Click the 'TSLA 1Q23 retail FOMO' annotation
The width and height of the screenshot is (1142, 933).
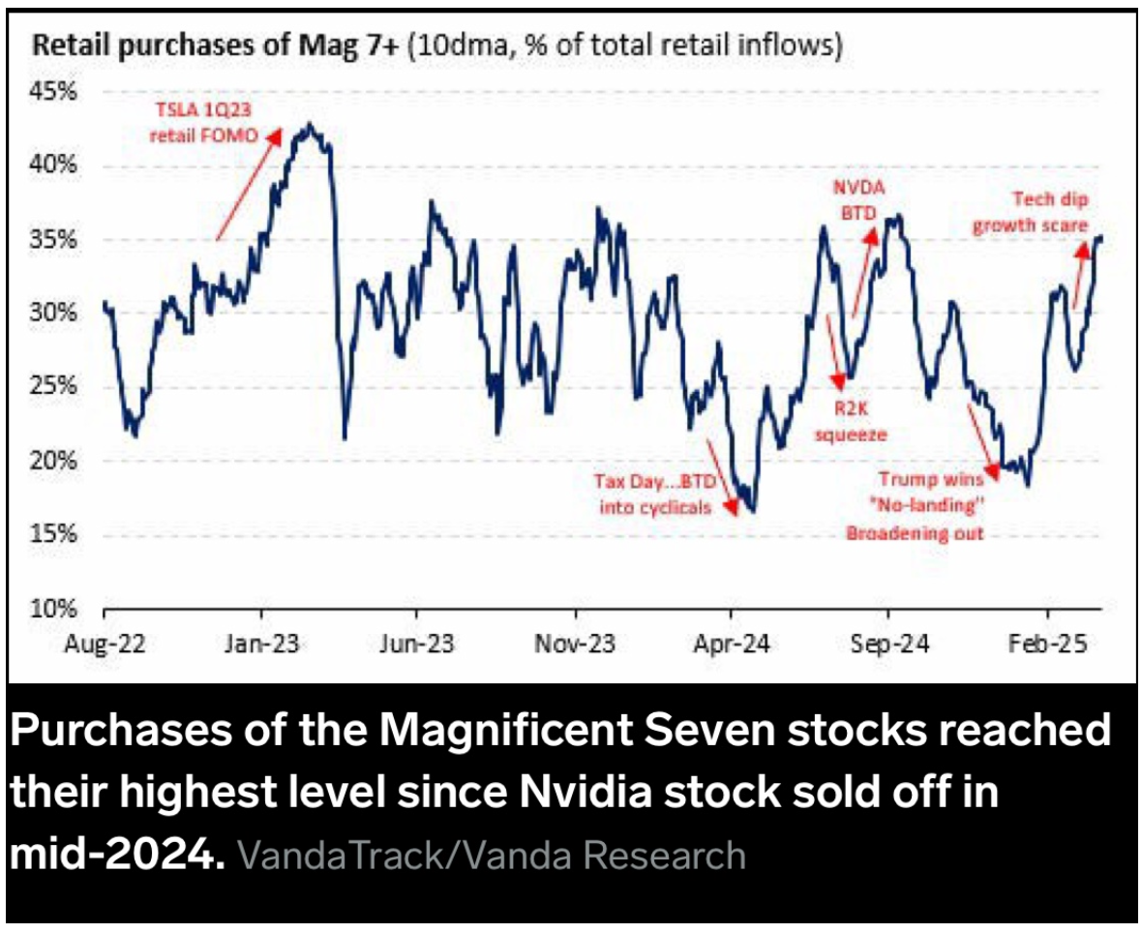[x=205, y=125]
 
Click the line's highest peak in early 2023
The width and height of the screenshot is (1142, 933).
[x=308, y=125]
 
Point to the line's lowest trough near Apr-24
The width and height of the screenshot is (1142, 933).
[x=752, y=510]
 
